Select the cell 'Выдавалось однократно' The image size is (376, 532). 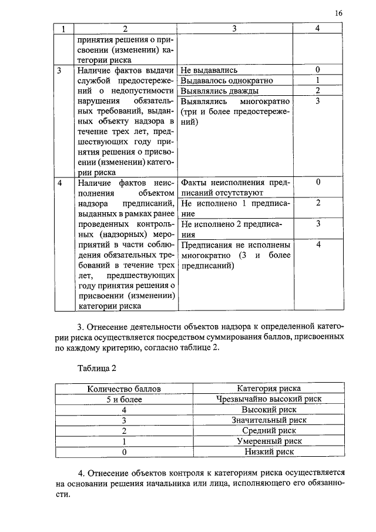pyautogui.click(x=227, y=81)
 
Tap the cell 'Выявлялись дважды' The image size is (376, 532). pyautogui.click(x=219, y=91)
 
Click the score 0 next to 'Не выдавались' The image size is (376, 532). pyautogui.click(x=317, y=70)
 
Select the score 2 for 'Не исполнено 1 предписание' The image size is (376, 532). pyautogui.click(x=317, y=203)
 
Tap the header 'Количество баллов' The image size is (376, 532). pyautogui.click(x=124, y=389)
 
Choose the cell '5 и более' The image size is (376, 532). pyautogui.click(x=124, y=399)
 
